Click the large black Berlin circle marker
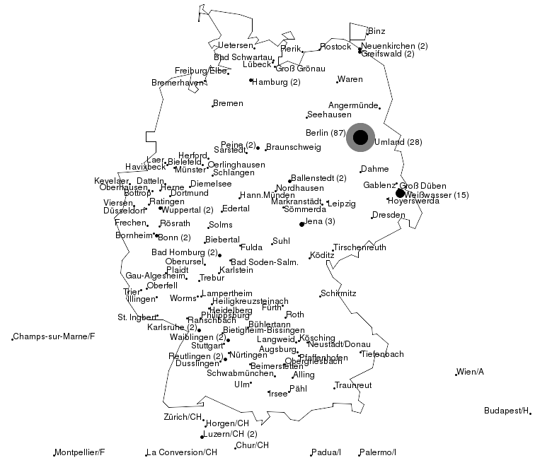361,137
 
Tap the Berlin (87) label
325,133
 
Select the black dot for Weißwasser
400,193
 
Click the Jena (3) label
321,222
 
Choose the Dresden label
389,215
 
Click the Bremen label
228,104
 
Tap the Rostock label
335,47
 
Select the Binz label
376,31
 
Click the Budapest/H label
507,411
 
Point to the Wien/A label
471,372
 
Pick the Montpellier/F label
80,452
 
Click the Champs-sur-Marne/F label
54,336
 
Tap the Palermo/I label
377,452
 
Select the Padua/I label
326,452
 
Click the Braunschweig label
293,147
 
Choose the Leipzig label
342,204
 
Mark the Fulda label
251,247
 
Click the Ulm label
242,384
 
